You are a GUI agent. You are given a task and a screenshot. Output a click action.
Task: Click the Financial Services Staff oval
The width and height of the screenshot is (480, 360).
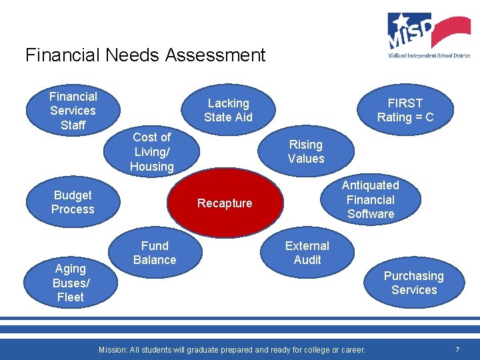pos(73,111)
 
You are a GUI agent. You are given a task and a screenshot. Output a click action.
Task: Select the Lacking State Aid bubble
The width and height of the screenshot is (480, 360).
pos(228,110)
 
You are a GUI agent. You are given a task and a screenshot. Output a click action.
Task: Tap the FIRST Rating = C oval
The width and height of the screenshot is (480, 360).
pos(405,110)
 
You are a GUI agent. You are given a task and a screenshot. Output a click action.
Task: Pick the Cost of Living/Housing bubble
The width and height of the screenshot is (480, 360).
pos(152,152)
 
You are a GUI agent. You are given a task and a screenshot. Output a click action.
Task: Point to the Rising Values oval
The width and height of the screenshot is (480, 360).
pos(306,151)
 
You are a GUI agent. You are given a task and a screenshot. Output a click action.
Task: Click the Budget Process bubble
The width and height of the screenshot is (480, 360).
pos(73,202)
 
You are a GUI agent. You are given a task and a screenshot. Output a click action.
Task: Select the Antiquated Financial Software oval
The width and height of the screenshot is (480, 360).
pos(371,199)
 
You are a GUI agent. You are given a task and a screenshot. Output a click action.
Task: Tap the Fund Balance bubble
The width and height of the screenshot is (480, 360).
pos(155,253)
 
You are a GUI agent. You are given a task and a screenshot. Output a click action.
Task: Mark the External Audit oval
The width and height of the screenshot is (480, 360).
pos(307,253)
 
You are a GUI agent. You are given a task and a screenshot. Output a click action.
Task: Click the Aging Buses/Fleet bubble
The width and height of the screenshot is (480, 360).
pos(71,283)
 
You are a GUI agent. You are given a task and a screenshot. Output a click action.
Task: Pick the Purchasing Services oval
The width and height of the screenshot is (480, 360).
pos(414,283)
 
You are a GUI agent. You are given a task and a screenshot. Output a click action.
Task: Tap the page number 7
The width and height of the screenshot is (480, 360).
pos(457,349)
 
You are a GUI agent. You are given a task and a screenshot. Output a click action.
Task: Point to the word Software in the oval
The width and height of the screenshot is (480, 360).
pos(371,214)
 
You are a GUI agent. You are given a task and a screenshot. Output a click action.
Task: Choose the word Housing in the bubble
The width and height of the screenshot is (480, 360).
pos(152,167)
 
